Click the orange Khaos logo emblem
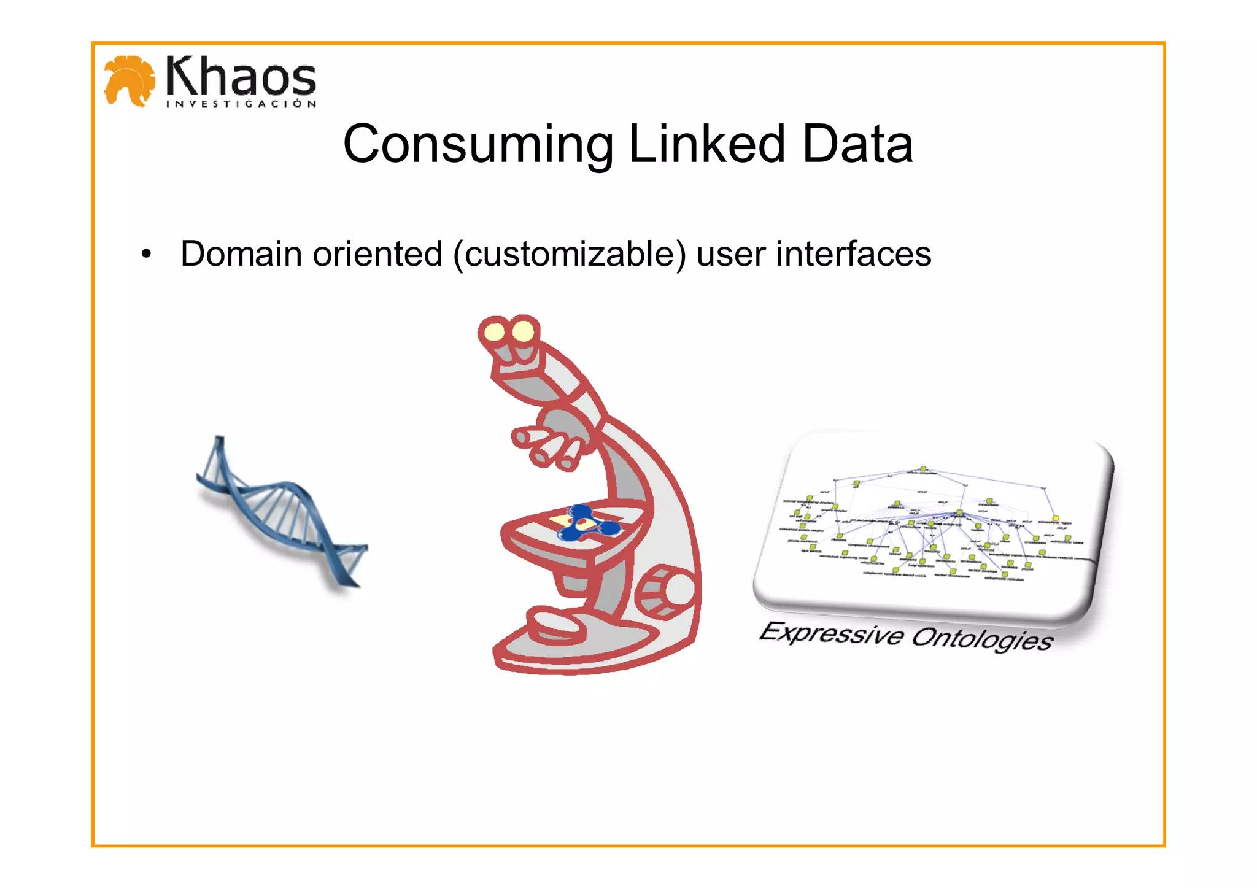pyautogui.click(x=130, y=80)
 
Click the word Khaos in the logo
pyautogui.click(x=241, y=76)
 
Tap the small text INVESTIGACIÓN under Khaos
pyautogui.click(x=241, y=104)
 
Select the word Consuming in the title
pyautogui.click(x=478, y=144)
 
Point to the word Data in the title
pyautogui.click(x=857, y=144)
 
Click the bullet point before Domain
pyautogui.click(x=145, y=254)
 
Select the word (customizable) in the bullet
pyautogui.click(x=570, y=254)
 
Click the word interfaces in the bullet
pyautogui.click(x=853, y=254)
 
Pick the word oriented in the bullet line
pyautogui.click(x=377, y=254)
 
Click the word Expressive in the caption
pyautogui.click(x=831, y=633)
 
